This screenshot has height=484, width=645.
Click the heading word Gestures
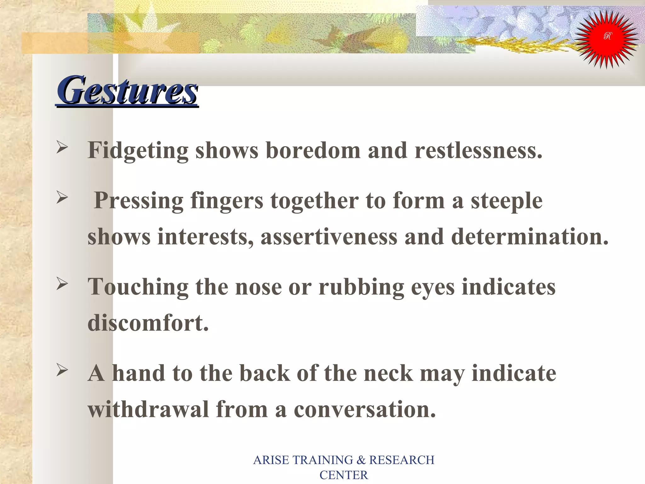127,90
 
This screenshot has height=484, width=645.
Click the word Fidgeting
138,151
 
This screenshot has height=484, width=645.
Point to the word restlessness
478,150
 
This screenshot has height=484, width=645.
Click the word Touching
138,287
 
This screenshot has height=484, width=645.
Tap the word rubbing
361,287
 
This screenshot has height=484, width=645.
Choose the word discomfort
148,323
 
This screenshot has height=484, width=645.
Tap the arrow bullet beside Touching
62,284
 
